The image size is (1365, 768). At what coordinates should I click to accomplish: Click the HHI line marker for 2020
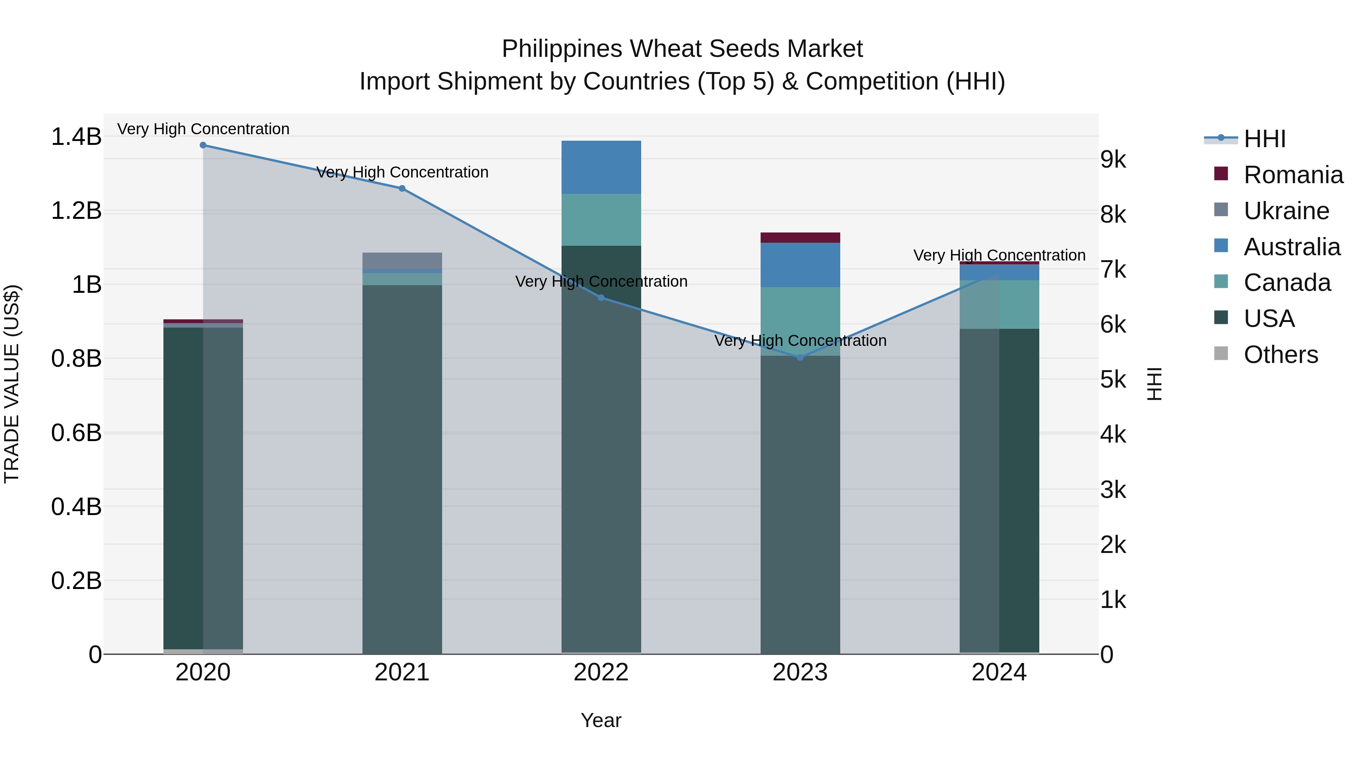pyautogui.click(x=203, y=145)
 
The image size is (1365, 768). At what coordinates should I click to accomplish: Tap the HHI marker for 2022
pyautogui.click(x=601, y=298)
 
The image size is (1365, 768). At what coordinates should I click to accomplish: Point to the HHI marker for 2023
pyautogui.click(x=800, y=358)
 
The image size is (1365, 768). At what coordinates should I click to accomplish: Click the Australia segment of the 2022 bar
pyautogui.click(x=601, y=167)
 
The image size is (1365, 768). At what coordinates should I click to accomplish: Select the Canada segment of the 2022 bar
pyautogui.click(x=601, y=220)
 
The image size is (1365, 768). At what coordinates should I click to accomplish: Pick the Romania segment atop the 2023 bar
pyautogui.click(x=800, y=237)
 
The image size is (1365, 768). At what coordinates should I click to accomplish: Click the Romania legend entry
pyautogui.click(x=1293, y=175)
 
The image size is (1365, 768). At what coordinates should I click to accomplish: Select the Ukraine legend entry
pyautogui.click(x=1286, y=211)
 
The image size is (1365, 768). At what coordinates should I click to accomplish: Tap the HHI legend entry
pyautogui.click(x=1264, y=139)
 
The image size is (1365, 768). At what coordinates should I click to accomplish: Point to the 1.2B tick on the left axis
pyautogui.click(x=76, y=211)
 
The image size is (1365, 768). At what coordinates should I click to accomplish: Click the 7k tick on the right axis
pyautogui.click(x=1113, y=270)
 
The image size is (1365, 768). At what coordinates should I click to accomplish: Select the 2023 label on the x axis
pyautogui.click(x=800, y=672)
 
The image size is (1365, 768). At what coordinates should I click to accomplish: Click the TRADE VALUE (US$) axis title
pyautogui.click(x=12, y=384)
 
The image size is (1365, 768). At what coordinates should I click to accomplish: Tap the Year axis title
pyautogui.click(x=601, y=720)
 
